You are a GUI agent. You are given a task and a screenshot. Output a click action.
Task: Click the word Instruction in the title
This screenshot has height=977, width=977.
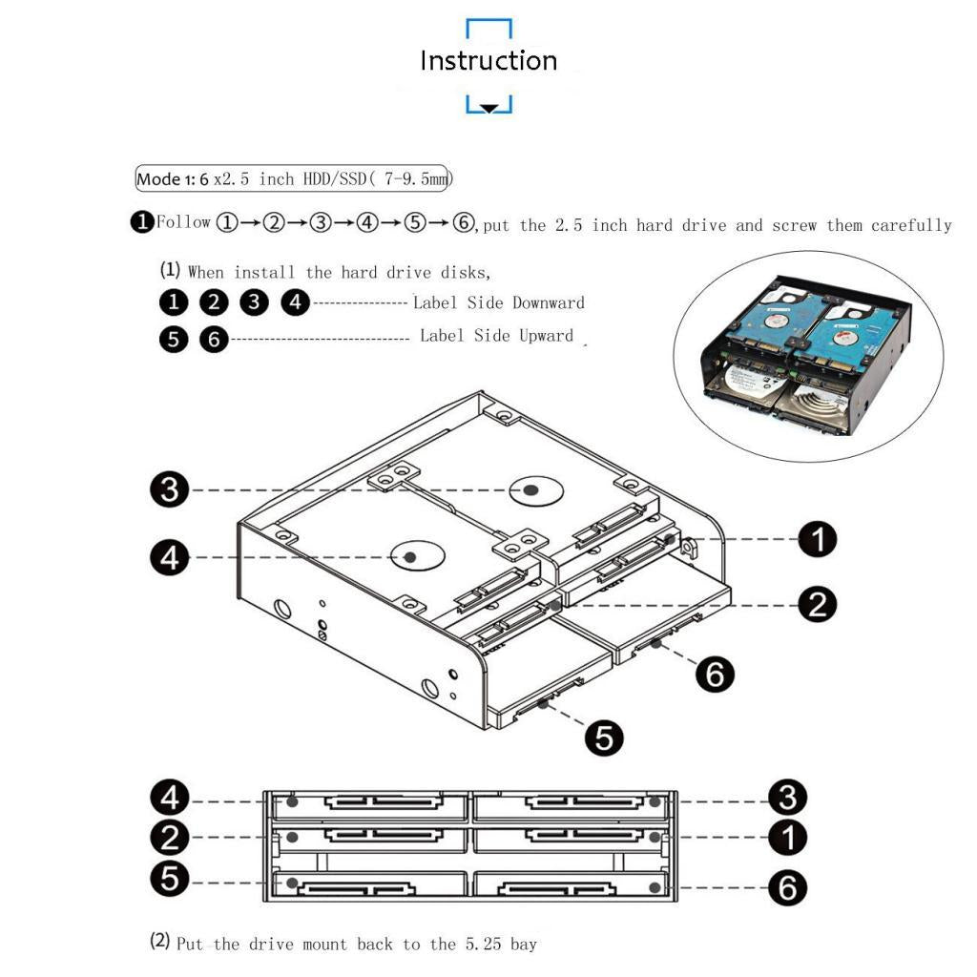(x=488, y=61)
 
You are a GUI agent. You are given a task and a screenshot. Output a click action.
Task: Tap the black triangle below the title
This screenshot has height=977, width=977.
(x=488, y=109)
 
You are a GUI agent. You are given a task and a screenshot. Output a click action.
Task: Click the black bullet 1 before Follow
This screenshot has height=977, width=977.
(x=141, y=223)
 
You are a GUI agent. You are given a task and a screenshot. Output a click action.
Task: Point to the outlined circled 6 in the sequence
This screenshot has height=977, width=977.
(x=464, y=223)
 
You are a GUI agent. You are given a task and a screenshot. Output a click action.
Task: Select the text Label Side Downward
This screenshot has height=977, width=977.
(x=498, y=302)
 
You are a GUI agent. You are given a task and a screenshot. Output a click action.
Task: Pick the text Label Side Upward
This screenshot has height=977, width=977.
(x=496, y=336)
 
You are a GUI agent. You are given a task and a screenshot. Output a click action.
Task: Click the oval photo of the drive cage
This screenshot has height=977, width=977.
(x=807, y=356)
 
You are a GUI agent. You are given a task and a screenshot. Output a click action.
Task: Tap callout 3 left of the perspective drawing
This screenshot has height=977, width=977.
(x=171, y=491)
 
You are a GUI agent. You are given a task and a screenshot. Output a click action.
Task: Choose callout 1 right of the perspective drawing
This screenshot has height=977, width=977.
(x=818, y=539)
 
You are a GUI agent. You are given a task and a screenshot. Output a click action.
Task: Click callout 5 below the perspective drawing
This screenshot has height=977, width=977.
(x=604, y=738)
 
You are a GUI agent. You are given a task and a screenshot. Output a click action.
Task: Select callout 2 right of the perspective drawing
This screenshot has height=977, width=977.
(x=818, y=605)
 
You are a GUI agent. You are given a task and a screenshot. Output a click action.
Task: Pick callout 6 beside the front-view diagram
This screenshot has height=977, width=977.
(x=788, y=888)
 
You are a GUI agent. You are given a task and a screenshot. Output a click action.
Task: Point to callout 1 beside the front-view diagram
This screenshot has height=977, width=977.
(x=788, y=839)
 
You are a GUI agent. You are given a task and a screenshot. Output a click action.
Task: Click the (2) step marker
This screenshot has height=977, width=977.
(x=160, y=942)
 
